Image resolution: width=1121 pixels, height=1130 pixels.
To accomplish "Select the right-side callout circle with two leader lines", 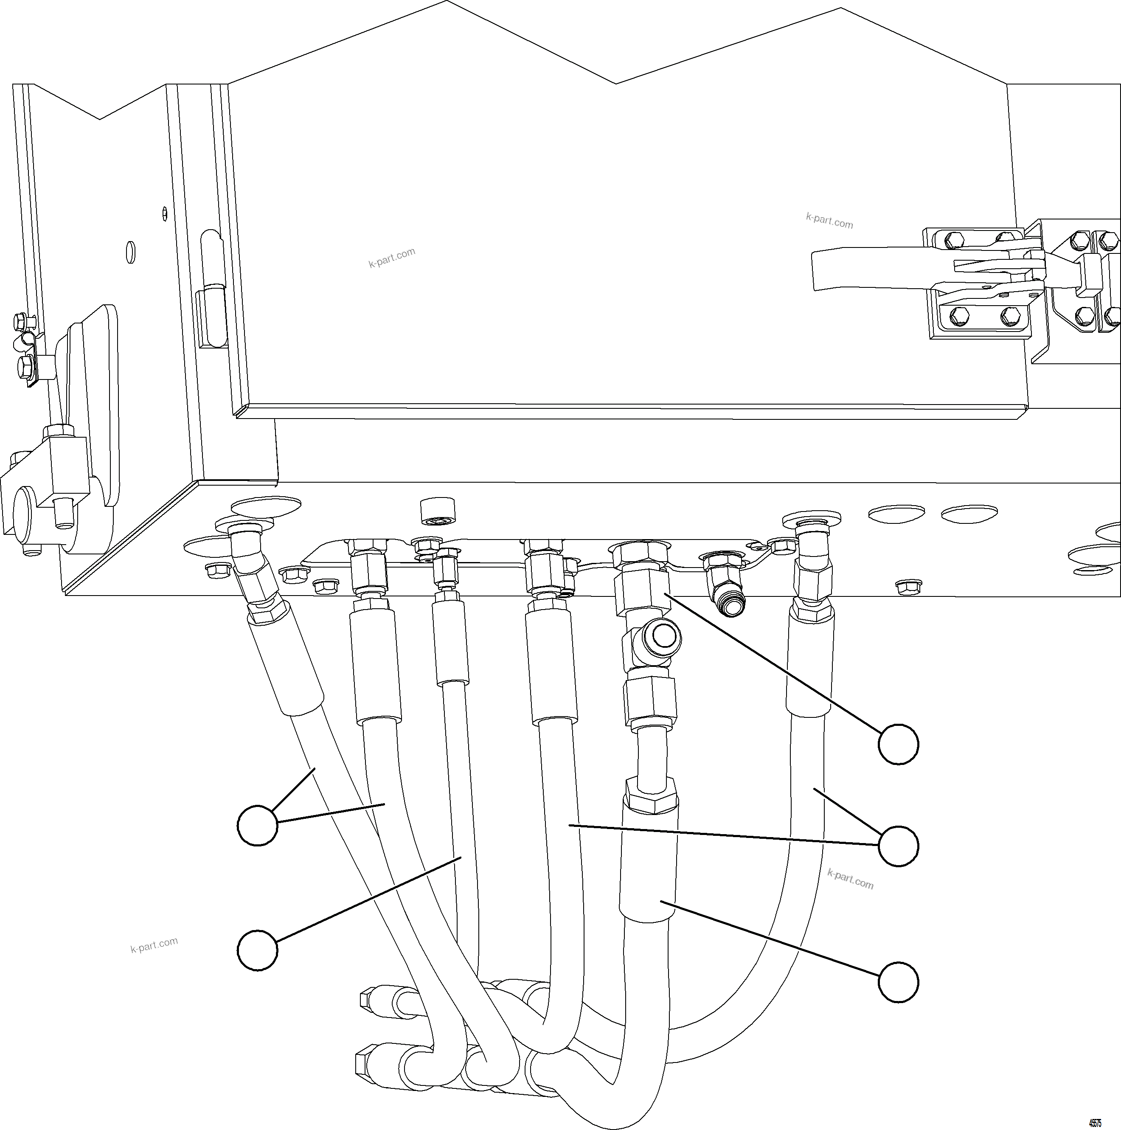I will pyautogui.click(x=898, y=846).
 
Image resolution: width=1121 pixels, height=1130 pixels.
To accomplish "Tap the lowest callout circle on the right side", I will pyautogui.click(x=898, y=983).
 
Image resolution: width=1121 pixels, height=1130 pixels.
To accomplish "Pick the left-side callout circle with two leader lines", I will pyautogui.click(x=257, y=825).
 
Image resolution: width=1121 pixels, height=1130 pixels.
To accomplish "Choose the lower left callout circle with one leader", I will pyautogui.click(x=257, y=950).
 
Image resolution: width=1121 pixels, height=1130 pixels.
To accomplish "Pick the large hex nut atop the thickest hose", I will pyautogui.click(x=651, y=796).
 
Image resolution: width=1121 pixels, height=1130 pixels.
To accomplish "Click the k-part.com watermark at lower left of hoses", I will pyautogui.click(x=154, y=944).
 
